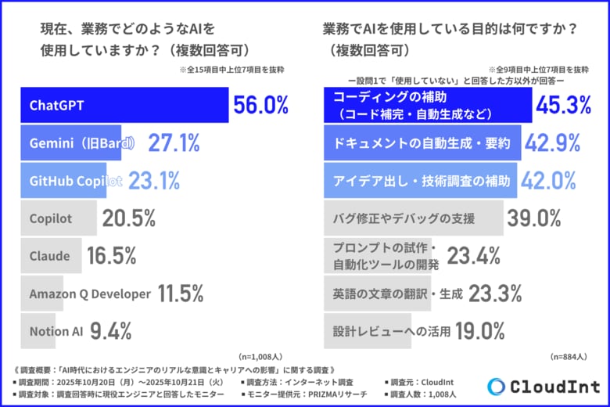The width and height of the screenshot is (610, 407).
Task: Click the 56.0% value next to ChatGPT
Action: point(260,106)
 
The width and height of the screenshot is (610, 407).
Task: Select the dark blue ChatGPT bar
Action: point(125,106)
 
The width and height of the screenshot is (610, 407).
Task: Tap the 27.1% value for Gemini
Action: point(172,143)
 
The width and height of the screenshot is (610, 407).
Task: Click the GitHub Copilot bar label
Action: point(76,181)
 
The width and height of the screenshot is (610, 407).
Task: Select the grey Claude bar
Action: point(50,256)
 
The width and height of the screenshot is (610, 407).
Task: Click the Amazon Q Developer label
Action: point(89,294)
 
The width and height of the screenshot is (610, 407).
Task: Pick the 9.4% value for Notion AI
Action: point(110,331)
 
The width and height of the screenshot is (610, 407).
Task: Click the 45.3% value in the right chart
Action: point(564,106)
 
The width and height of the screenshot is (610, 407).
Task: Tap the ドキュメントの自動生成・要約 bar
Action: point(422,143)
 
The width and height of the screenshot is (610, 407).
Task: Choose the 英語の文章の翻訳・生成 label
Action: point(398,294)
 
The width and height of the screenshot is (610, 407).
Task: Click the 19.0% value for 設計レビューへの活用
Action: point(479,331)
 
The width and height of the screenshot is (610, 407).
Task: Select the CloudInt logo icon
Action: point(496,387)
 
